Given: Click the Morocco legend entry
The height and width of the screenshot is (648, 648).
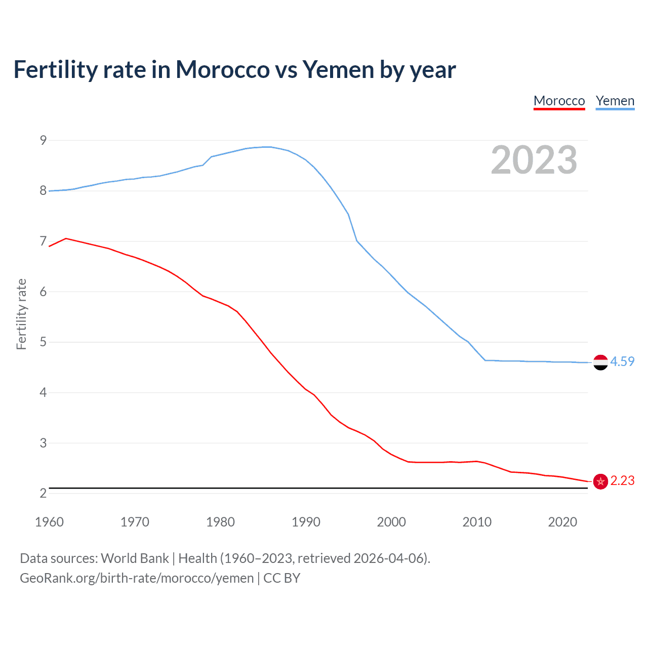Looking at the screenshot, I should pos(559,101).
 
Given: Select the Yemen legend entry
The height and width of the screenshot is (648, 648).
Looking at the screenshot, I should pos(615,101).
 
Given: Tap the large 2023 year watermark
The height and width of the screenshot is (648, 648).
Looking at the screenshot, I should pos(534,160).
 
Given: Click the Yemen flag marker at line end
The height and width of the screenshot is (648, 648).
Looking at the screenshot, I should pos(600,362).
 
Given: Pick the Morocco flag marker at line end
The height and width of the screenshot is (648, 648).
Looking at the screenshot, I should pos(600,481).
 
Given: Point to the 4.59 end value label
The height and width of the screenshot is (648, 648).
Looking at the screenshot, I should pos(622,361).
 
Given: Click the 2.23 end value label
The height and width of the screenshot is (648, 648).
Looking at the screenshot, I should pos(622,480).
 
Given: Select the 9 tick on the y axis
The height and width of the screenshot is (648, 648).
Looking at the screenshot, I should pos(43,140).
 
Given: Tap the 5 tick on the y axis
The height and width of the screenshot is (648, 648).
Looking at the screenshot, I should pos(43,342).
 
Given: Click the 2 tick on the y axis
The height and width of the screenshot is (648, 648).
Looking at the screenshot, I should pos(43,494).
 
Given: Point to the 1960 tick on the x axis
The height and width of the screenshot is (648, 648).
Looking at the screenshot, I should pos(49,522).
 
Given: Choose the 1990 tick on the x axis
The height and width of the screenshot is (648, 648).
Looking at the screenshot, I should pos(306,522).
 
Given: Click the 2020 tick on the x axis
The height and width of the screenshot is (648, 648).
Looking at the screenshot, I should pos(562,522).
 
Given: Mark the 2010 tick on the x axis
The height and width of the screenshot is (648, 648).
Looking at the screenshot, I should pos(477,522).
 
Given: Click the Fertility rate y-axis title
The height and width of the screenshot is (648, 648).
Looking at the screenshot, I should pos(21,314).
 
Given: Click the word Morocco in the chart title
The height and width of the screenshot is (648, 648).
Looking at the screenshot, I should pos(223,69).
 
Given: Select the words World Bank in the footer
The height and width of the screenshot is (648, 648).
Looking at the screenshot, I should pos(135,558).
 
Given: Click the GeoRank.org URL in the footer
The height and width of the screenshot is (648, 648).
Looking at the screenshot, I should pos(137,578).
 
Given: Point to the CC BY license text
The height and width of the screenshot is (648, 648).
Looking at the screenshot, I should pos(282,578).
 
